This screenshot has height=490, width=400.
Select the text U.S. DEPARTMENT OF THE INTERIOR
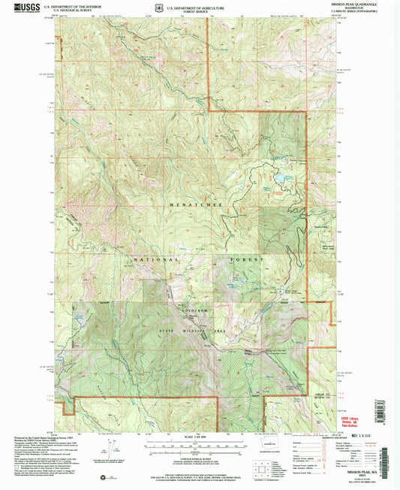tap(73, 5)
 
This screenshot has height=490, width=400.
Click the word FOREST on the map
tap(248, 259)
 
